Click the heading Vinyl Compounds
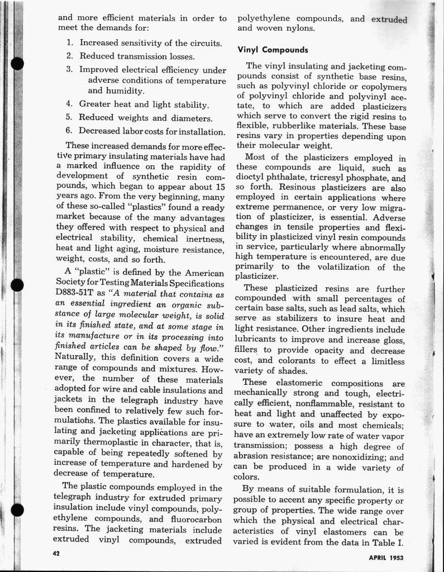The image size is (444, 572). (x=273, y=50)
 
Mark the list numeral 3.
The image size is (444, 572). (x=69, y=70)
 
